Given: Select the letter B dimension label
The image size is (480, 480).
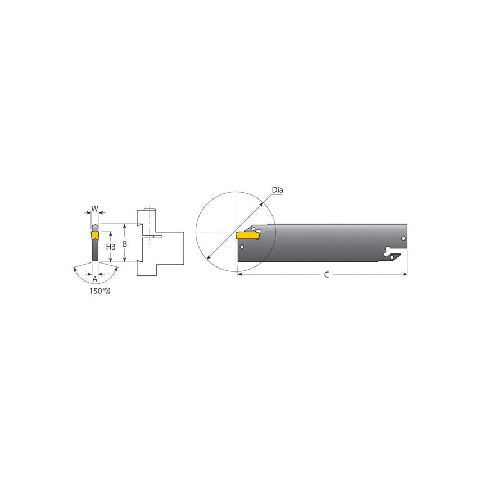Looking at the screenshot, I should click(x=125, y=244).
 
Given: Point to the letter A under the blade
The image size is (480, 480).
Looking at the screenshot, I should click(x=94, y=279).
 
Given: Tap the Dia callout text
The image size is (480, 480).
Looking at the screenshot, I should click(x=278, y=190).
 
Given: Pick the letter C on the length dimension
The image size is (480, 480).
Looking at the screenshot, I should click(x=327, y=275).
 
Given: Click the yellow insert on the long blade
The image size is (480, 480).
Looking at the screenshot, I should click(x=246, y=234).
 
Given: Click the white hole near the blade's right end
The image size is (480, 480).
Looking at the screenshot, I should click(x=403, y=239).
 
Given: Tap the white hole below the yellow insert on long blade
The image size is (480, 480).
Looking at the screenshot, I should click(x=242, y=247).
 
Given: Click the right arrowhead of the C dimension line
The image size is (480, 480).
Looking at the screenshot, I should click(x=405, y=275).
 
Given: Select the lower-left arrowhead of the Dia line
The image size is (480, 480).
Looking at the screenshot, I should click(x=208, y=259).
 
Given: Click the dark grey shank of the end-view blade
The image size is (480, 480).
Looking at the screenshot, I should click(x=93, y=247).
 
